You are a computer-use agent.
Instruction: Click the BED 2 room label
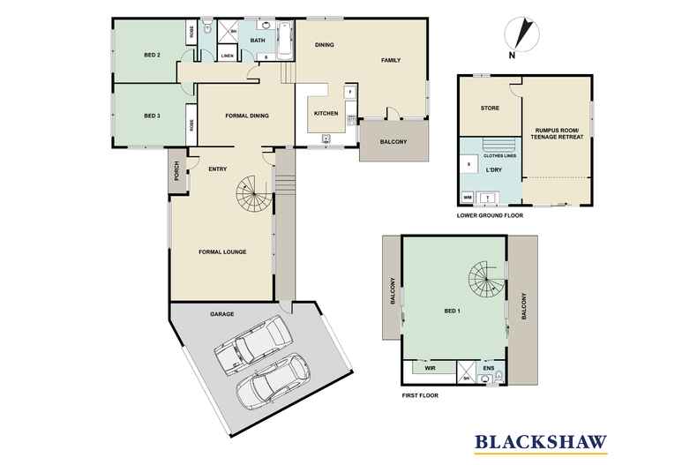(152, 55)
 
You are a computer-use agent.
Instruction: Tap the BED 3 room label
(152, 116)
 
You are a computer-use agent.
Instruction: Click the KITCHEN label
(326, 114)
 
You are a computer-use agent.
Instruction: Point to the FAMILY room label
(391, 60)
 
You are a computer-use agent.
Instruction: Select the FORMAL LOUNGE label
(222, 252)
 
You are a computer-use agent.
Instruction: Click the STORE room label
(490, 109)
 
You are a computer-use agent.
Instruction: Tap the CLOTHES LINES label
(500, 155)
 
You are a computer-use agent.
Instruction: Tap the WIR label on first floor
(431, 368)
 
